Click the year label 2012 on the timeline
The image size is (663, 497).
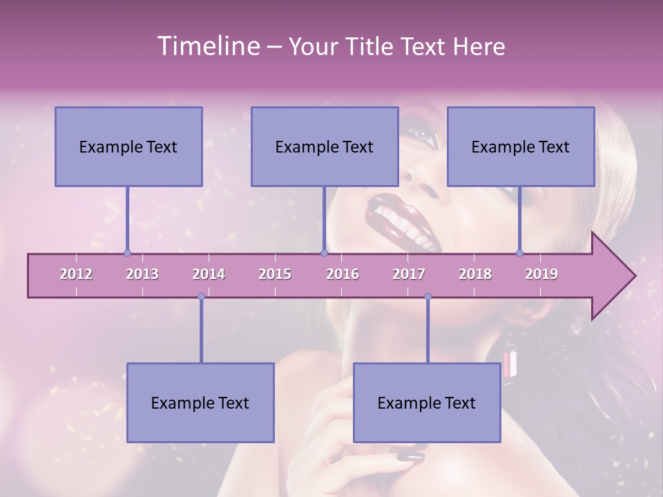[76, 274]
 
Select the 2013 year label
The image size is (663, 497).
[142, 274]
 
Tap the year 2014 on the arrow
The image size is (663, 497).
[209, 274]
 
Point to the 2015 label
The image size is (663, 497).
[275, 274]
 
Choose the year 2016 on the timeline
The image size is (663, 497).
[343, 274]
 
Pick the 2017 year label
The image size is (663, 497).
[409, 274]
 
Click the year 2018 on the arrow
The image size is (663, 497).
[475, 274]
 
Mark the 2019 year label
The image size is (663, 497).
[541, 274]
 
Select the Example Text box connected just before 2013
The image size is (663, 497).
[128, 146]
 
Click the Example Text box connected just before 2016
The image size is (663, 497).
[325, 146]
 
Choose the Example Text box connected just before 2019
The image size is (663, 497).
[521, 146]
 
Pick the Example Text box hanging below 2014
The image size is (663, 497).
[200, 402]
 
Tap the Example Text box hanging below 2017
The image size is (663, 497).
[427, 402]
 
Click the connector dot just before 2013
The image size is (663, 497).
[127, 253]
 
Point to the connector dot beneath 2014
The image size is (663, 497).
[201, 297]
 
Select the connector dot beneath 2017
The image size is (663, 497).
[427, 297]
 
